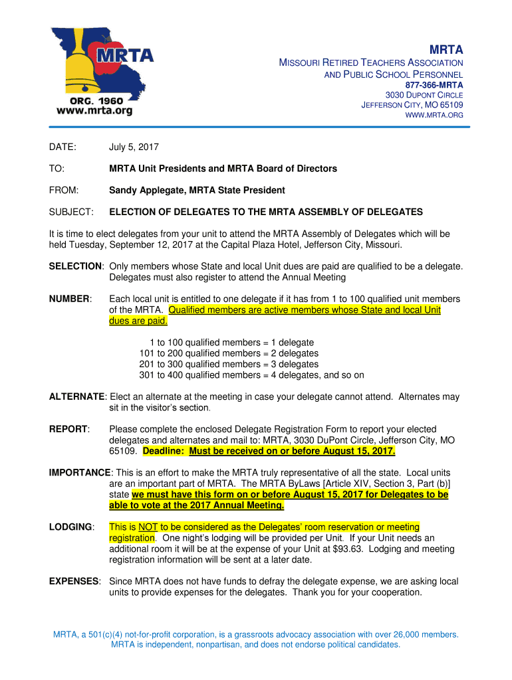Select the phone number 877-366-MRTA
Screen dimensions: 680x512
(434, 86)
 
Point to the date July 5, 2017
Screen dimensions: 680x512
(134, 147)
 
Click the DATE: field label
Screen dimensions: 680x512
(63, 147)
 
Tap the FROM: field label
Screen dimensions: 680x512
(64, 191)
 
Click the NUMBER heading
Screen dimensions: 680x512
(70, 299)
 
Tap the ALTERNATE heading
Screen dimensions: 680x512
(77, 396)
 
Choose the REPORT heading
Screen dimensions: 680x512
(68, 430)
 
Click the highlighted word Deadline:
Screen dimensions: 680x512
(164, 452)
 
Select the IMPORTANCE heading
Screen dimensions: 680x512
(80, 472)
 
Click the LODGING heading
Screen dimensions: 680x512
(71, 527)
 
